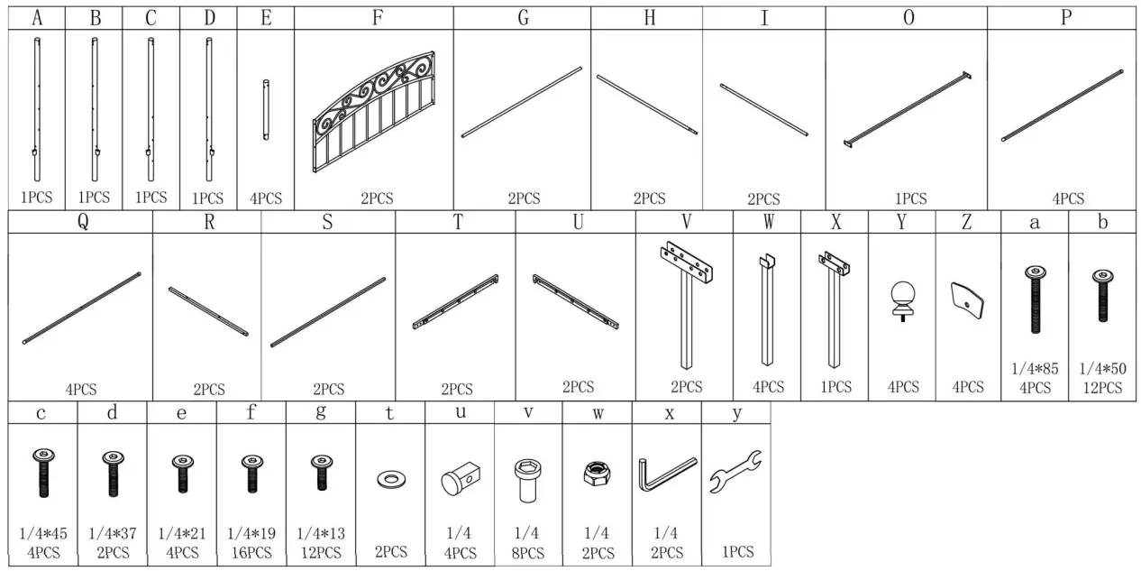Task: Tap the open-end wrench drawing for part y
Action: [736, 472]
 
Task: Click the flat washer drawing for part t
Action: [390, 475]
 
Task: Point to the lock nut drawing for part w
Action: [597, 472]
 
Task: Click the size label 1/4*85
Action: [1035, 368]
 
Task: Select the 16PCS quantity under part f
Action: [251, 552]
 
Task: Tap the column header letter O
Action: [908, 18]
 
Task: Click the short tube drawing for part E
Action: [266, 109]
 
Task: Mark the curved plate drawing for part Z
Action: [968, 299]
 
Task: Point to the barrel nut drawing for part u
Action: [460, 474]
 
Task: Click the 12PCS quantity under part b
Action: [1103, 388]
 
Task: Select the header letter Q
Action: [83, 223]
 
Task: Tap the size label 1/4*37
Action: [112, 533]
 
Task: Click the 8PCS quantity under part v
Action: [529, 552]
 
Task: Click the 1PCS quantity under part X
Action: [835, 387]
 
